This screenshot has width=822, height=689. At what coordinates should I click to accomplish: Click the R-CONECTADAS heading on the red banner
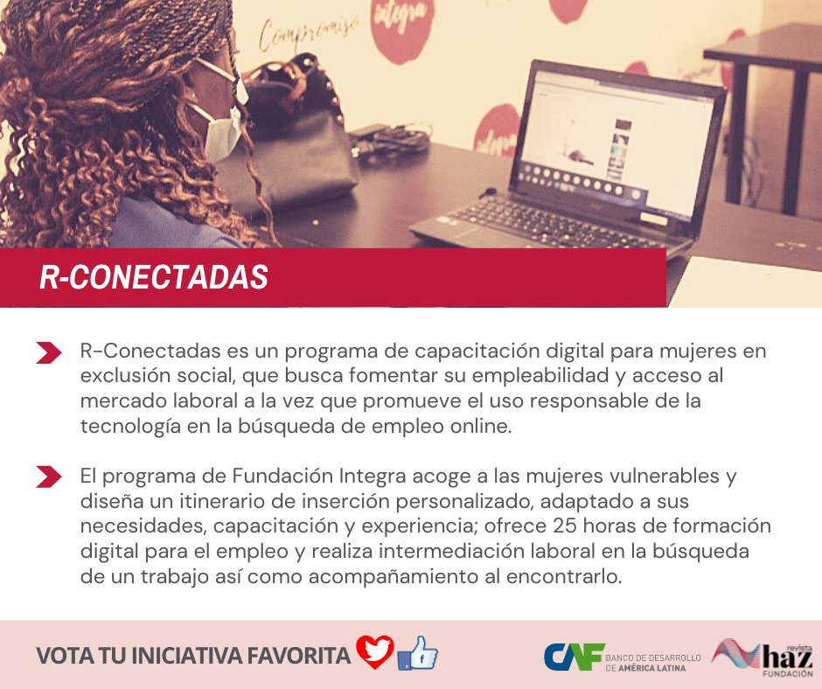click(x=154, y=276)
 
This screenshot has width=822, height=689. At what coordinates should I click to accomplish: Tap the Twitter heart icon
click(x=375, y=652)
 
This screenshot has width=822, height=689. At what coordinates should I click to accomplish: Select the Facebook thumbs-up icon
click(x=417, y=653)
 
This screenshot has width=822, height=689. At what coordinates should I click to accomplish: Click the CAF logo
click(x=574, y=656)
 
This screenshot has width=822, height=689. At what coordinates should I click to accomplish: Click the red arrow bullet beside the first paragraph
click(x=49, y=352)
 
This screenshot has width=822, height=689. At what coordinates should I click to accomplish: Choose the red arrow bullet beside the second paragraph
click(x=49, y=477)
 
